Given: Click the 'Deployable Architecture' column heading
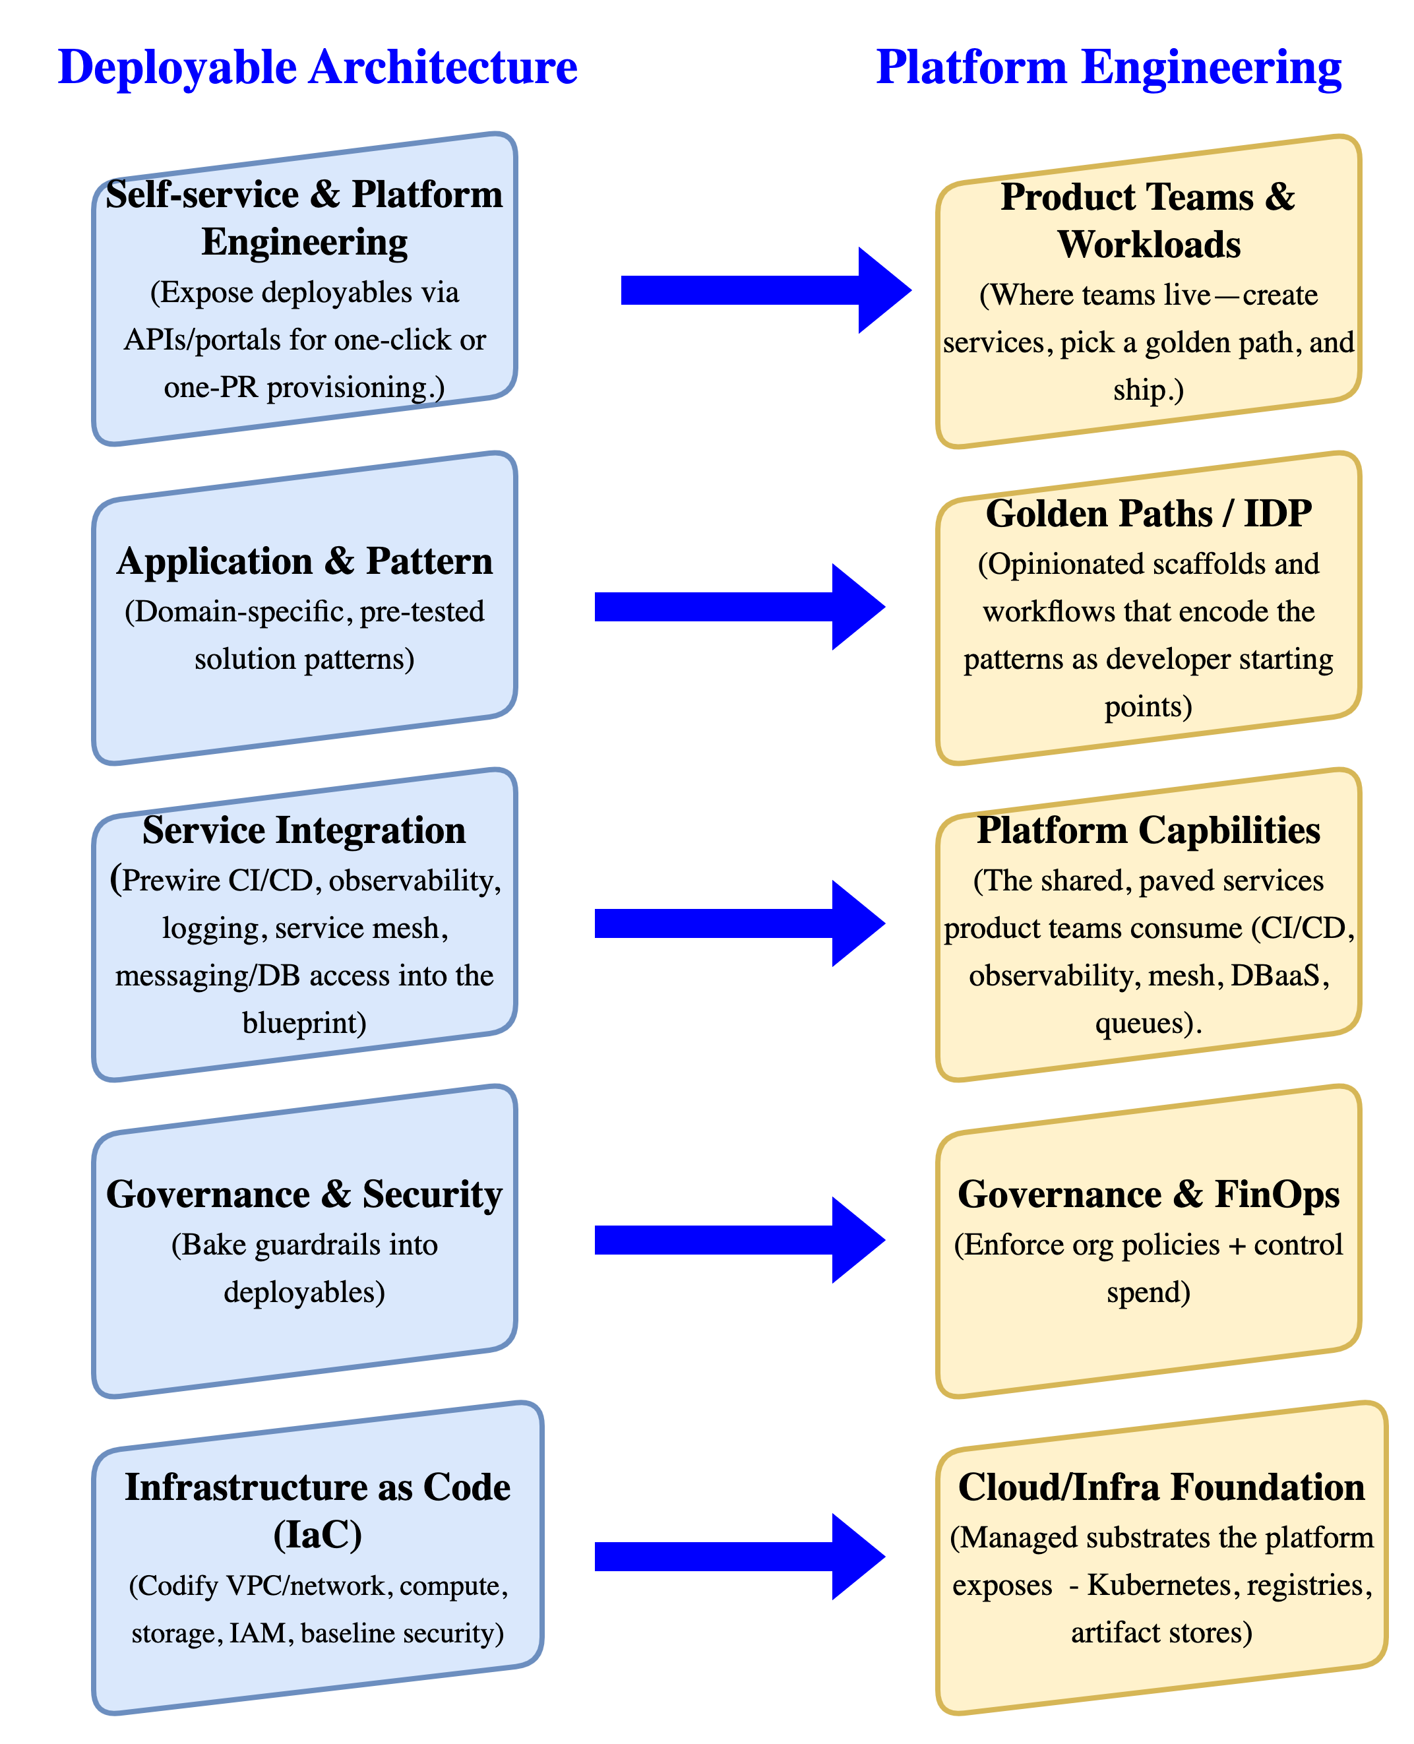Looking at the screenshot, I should (x=318, y=67).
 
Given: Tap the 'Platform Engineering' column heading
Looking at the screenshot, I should (x=1109, y=67).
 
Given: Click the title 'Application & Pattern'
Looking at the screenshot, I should (x=305, y=561).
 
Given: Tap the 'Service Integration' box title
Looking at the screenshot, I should (x=304, y=830).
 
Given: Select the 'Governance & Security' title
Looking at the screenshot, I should (x=304, y=1194).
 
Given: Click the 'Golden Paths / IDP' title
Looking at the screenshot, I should (x=1148, y=513).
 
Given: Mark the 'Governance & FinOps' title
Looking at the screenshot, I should (x=1148, y=1194).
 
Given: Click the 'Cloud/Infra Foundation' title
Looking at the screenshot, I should (x=1161, y=1487).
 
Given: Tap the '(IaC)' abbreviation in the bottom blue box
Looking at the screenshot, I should (x=318, y=1535).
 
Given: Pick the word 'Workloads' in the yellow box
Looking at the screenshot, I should (x=1148, y=244).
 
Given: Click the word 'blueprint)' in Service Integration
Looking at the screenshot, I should (x=304, y=1022).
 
